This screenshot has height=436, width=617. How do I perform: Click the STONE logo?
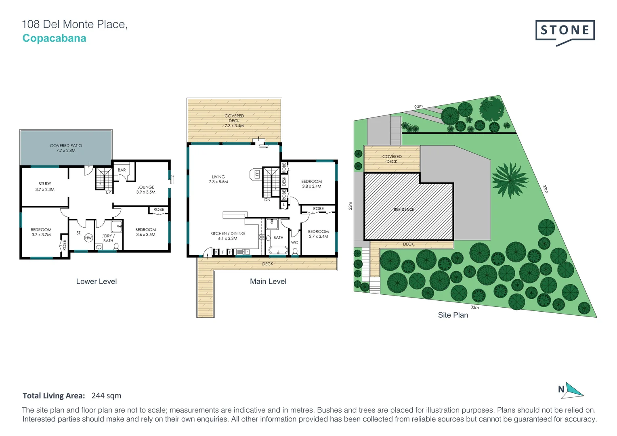pyautogui.click(x=565, y=33)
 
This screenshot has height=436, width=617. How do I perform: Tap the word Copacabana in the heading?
pyautogui.click(x=54, y=38)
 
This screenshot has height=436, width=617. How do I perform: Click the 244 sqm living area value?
pyautogui.click(x=106, y=396)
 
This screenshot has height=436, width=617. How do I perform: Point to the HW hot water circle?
pyautogui.click(x=88, y=238)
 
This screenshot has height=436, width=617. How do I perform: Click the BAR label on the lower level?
pyautogui.click(x=122, y=170)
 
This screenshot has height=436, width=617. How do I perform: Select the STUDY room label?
pyautogui.click(x=45, y=184)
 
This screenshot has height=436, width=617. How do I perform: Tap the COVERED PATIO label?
pyautogui.click(x=66, y=145)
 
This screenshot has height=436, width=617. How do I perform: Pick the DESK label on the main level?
pyautogui.click(x=284, y=181)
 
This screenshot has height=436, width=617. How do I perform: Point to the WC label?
pyautogui.click(x=295, y=243)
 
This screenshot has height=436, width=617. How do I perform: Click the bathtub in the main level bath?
pyautogui.click(x=278, y=250)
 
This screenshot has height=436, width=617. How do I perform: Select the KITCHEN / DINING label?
pyautogui.click(x=227, y=233)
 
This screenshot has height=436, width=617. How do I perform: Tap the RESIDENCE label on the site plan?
pyautogui.click(x=403, y=210)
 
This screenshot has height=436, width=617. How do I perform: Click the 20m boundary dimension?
pyautogui.click(x=418, y=107)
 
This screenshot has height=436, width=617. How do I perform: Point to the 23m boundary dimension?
pyautogui.click(x=350, y=206)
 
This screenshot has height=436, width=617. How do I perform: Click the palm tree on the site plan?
pyautogui.click(x=510, y=180)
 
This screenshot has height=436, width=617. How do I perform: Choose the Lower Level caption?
pyautogui.click(x=97, y=281)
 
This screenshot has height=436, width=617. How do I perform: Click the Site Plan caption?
pyautogui.click(x=453, y=315)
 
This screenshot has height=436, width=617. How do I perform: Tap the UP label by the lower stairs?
pyautogui.click(x=108, y=192)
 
